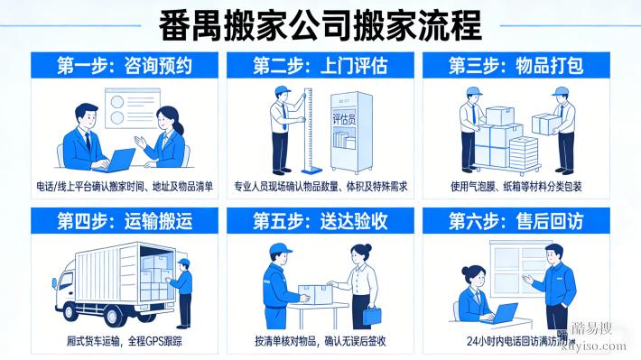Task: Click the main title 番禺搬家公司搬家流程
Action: click(x=320, y=23)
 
